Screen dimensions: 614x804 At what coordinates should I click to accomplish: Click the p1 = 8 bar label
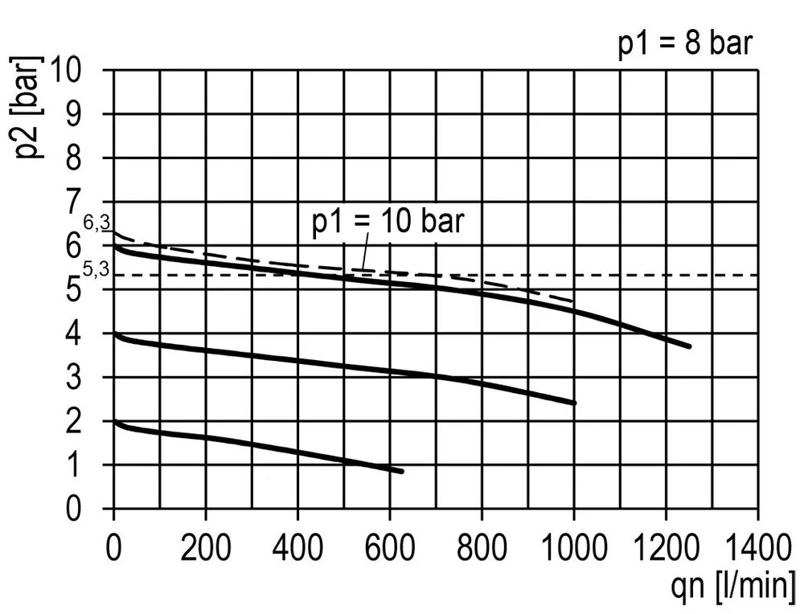[684, 44]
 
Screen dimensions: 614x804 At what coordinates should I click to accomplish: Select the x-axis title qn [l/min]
[733, 584]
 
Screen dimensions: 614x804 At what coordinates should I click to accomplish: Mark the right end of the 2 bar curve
[401, 471]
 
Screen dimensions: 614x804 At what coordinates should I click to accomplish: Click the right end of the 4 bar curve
[574, 403]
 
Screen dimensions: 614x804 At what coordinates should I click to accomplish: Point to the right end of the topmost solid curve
[689, 346]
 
